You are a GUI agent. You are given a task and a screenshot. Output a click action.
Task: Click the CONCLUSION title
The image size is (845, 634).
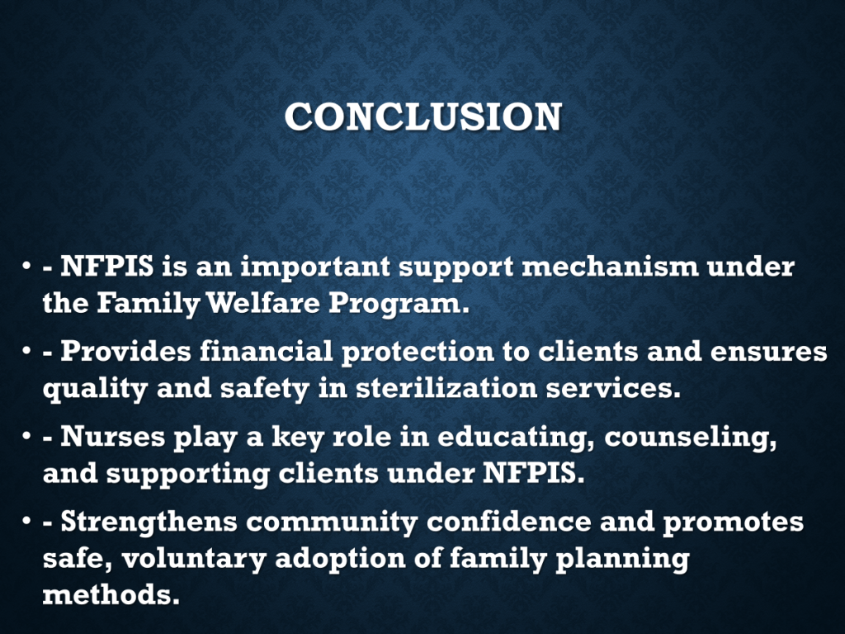click(423, 116)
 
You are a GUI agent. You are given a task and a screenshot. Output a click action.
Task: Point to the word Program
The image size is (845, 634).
click(396, 305)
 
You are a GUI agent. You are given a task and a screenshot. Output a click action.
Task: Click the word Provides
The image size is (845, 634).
click(125, 351)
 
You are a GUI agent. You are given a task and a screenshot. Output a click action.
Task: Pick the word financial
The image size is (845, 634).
click(267, 351)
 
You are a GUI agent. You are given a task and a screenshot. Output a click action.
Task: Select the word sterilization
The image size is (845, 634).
click(446, 388)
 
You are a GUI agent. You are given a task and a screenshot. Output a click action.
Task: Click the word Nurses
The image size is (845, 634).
click(112, 437)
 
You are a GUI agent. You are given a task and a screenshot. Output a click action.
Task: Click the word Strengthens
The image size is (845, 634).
click(149, 522)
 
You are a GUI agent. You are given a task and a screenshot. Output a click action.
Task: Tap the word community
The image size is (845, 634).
click(332, 523)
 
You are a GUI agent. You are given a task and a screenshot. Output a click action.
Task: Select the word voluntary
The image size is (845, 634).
click(194, 559)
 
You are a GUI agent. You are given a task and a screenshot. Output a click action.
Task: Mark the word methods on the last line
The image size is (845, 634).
click(111, 594)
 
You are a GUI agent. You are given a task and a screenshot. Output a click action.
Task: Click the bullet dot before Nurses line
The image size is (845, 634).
click(26, 436)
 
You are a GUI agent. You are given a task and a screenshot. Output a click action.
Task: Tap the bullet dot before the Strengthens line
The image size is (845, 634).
click(26, 521)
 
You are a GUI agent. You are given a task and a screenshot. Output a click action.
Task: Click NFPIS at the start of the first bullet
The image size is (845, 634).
click(106, 267)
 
